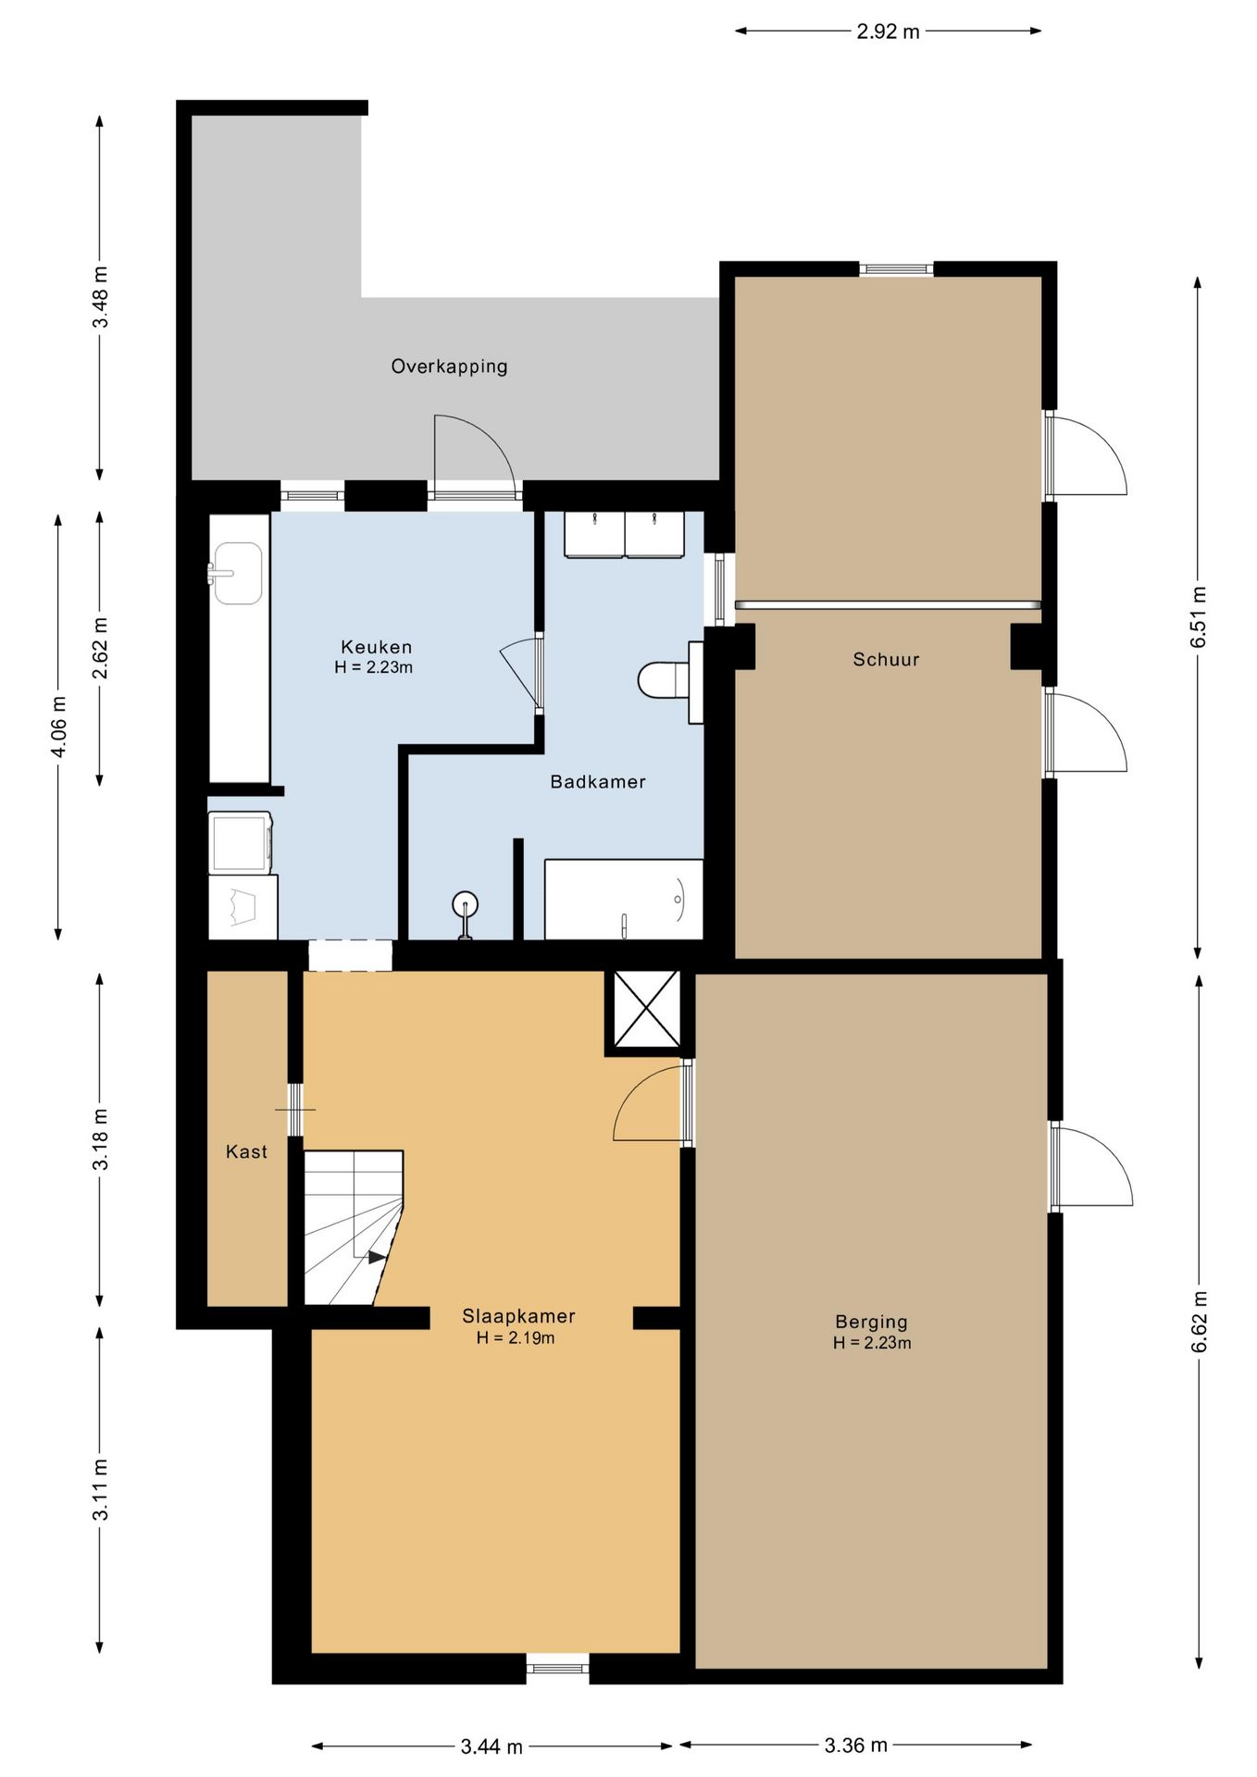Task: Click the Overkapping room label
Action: (449, 367)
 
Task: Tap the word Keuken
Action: (376, 647)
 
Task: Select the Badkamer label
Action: (598, 782)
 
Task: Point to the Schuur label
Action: (886, 660)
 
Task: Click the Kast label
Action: (246, 1151)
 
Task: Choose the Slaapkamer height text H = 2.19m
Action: (516, 1338)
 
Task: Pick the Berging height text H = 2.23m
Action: (872, 1343)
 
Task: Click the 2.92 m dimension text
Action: (888, 31)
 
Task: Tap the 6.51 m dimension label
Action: (1199, 617)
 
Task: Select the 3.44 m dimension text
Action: (492, 1746)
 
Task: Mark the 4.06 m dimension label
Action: (58, 727)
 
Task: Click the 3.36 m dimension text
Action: (856, 1746)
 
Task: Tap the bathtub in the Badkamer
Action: (624, 900)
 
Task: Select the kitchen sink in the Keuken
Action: (236, 573)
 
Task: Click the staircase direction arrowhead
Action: (377, 1257)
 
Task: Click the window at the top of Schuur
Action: (896, 269)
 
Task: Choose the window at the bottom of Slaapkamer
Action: (558, 1668)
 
